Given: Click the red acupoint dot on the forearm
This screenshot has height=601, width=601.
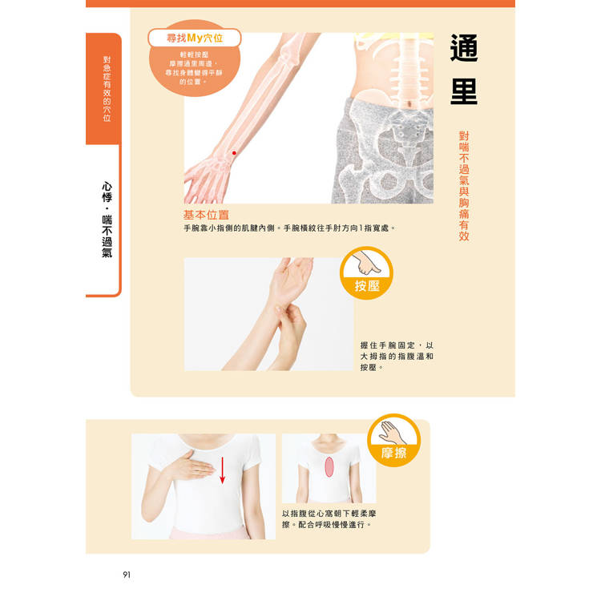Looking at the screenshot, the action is click(234, 153).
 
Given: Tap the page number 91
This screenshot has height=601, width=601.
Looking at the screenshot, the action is click(127, 575).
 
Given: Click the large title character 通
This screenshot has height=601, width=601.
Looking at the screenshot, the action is click(464, 48).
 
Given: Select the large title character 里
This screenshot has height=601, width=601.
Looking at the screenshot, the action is click(464, 91).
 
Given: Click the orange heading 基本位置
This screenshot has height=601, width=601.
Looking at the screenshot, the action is click(206, 215).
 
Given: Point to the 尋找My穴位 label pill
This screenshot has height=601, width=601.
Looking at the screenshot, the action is click(195, 38).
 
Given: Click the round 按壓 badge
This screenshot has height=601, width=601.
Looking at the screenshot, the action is click(366, 273).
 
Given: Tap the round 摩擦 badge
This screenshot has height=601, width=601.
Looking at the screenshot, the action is click(393, 440).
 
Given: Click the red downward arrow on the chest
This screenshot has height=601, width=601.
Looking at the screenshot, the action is click(222, 470).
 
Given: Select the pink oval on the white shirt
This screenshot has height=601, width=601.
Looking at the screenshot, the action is click(329, 467).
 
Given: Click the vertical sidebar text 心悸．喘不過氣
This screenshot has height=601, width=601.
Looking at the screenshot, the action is click(107, 220).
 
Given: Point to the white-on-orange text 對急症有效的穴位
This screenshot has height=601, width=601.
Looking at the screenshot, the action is click(107, 89).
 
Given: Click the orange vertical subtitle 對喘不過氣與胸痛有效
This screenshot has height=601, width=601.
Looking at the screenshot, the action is click(464, 186).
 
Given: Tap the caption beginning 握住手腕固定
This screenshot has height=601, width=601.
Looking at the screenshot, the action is click(397, 357).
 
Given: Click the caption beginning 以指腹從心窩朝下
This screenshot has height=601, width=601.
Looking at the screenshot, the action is click(329, 519).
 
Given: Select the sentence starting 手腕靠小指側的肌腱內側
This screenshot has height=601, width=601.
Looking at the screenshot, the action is click(289, 228).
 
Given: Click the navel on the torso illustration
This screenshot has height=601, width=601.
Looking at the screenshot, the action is click(410, 104).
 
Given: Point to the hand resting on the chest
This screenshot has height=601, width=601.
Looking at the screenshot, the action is click(190, 466).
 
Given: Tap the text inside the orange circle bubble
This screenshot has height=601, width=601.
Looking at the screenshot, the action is click(194, 68).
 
